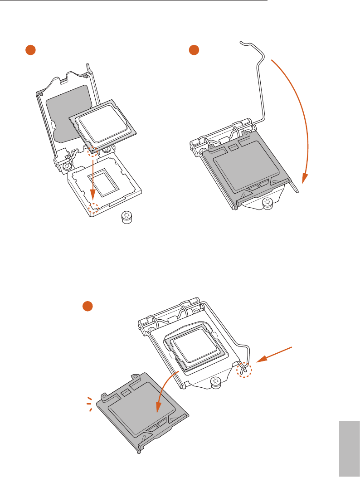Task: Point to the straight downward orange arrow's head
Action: [92, 198]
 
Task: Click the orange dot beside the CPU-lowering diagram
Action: [30, 50]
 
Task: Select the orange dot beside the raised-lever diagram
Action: [195, 50]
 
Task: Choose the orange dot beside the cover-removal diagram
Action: [88, 306]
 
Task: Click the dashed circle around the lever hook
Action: [244, 371]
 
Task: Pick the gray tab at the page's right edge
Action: [349, 448]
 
